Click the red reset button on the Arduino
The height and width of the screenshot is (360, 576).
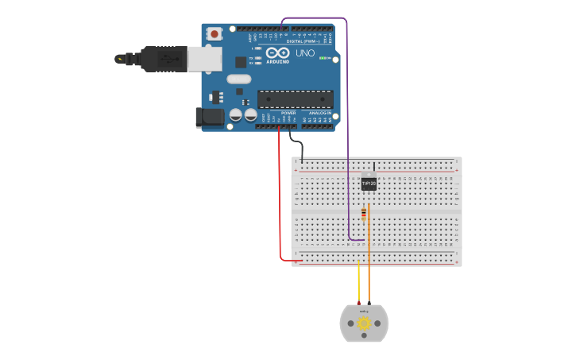coord(214,33)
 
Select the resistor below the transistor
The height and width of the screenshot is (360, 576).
coord(364,213)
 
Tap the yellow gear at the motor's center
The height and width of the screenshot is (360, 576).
coord(364,323)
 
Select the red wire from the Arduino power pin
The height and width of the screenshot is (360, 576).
coord(280,199)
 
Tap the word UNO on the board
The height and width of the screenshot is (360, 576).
coord(305,53)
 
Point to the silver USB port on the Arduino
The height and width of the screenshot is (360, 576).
coord(204,59)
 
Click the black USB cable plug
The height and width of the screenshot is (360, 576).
coord(163,59)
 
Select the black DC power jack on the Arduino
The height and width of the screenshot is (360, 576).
coord(211,117)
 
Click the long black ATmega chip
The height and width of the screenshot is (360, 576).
coord(295,99)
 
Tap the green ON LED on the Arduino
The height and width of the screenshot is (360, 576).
coord(324,58)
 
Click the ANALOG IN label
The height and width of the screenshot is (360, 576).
coord(320,113)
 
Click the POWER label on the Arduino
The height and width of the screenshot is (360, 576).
coord(288,113)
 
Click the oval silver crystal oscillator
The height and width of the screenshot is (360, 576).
coord(238,79)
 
